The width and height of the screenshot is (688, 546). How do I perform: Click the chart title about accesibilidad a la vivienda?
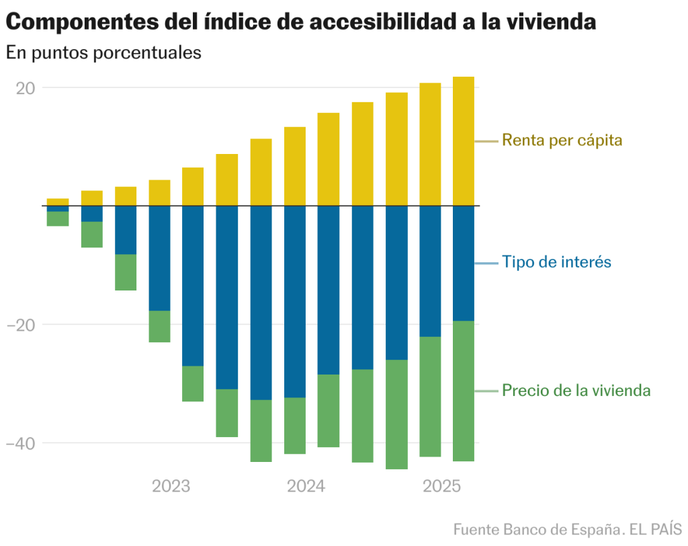[x=300, y=22]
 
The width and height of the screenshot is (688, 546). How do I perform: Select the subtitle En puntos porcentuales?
[x=103, y=52]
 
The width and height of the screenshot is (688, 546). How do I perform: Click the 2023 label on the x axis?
[x=171, y=486]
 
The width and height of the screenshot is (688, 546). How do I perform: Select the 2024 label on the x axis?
[x=306, y=486]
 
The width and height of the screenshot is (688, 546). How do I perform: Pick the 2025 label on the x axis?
[x=441, y=486]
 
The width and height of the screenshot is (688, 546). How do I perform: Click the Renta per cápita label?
[x=562, y=141]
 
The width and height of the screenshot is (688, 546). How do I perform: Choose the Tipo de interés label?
[x=556, y=262]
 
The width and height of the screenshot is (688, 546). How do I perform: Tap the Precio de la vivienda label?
[x=576, y=391]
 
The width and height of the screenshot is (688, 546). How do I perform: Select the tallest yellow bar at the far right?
[x=464, y=141]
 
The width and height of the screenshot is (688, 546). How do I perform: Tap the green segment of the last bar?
[x=464, y=391]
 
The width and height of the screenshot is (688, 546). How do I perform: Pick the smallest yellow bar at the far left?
[x=58, y=202]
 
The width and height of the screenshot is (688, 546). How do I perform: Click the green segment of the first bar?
[x=58, y=219]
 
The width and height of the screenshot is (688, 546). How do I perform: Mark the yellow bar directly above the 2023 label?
[x=159, y=193]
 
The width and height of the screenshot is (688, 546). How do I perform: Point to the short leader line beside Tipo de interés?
[x=486, y=262]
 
